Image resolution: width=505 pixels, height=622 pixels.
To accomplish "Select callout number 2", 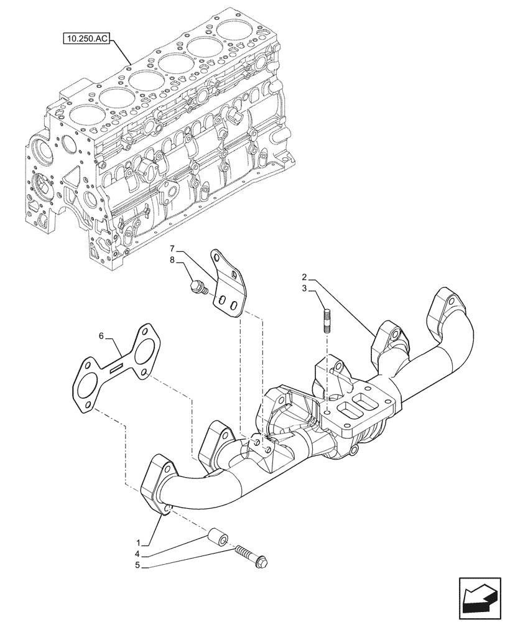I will pos(305,276).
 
